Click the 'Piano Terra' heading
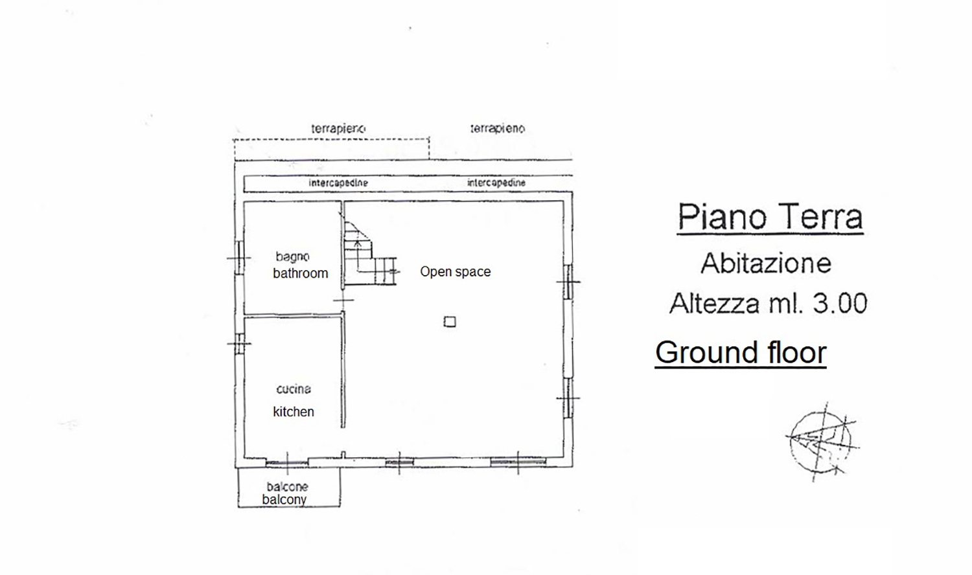click(x=770, y=216)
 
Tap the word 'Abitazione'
click(x=766, y=263)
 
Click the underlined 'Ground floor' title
click(x=741, y=352)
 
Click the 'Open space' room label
click(x=455, y=272)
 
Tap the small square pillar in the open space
click(x=450, y=322)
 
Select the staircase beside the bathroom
click(x=370, y=253)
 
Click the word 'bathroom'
click(x=300, y=273)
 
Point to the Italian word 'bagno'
click(x=292, y=256)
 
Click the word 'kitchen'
click(x=294, y=412)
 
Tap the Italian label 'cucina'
click(x=294, y=389)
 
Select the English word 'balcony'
click(x=284, y=499)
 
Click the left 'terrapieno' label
click(x=338, y=128)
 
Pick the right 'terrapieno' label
click(x=498, y=128)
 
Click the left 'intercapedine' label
click(x=338, y=183)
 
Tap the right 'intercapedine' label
click(x=496, y=183)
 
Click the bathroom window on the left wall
click(x=239, y=258)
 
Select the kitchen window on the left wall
click(x=239, y=343)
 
